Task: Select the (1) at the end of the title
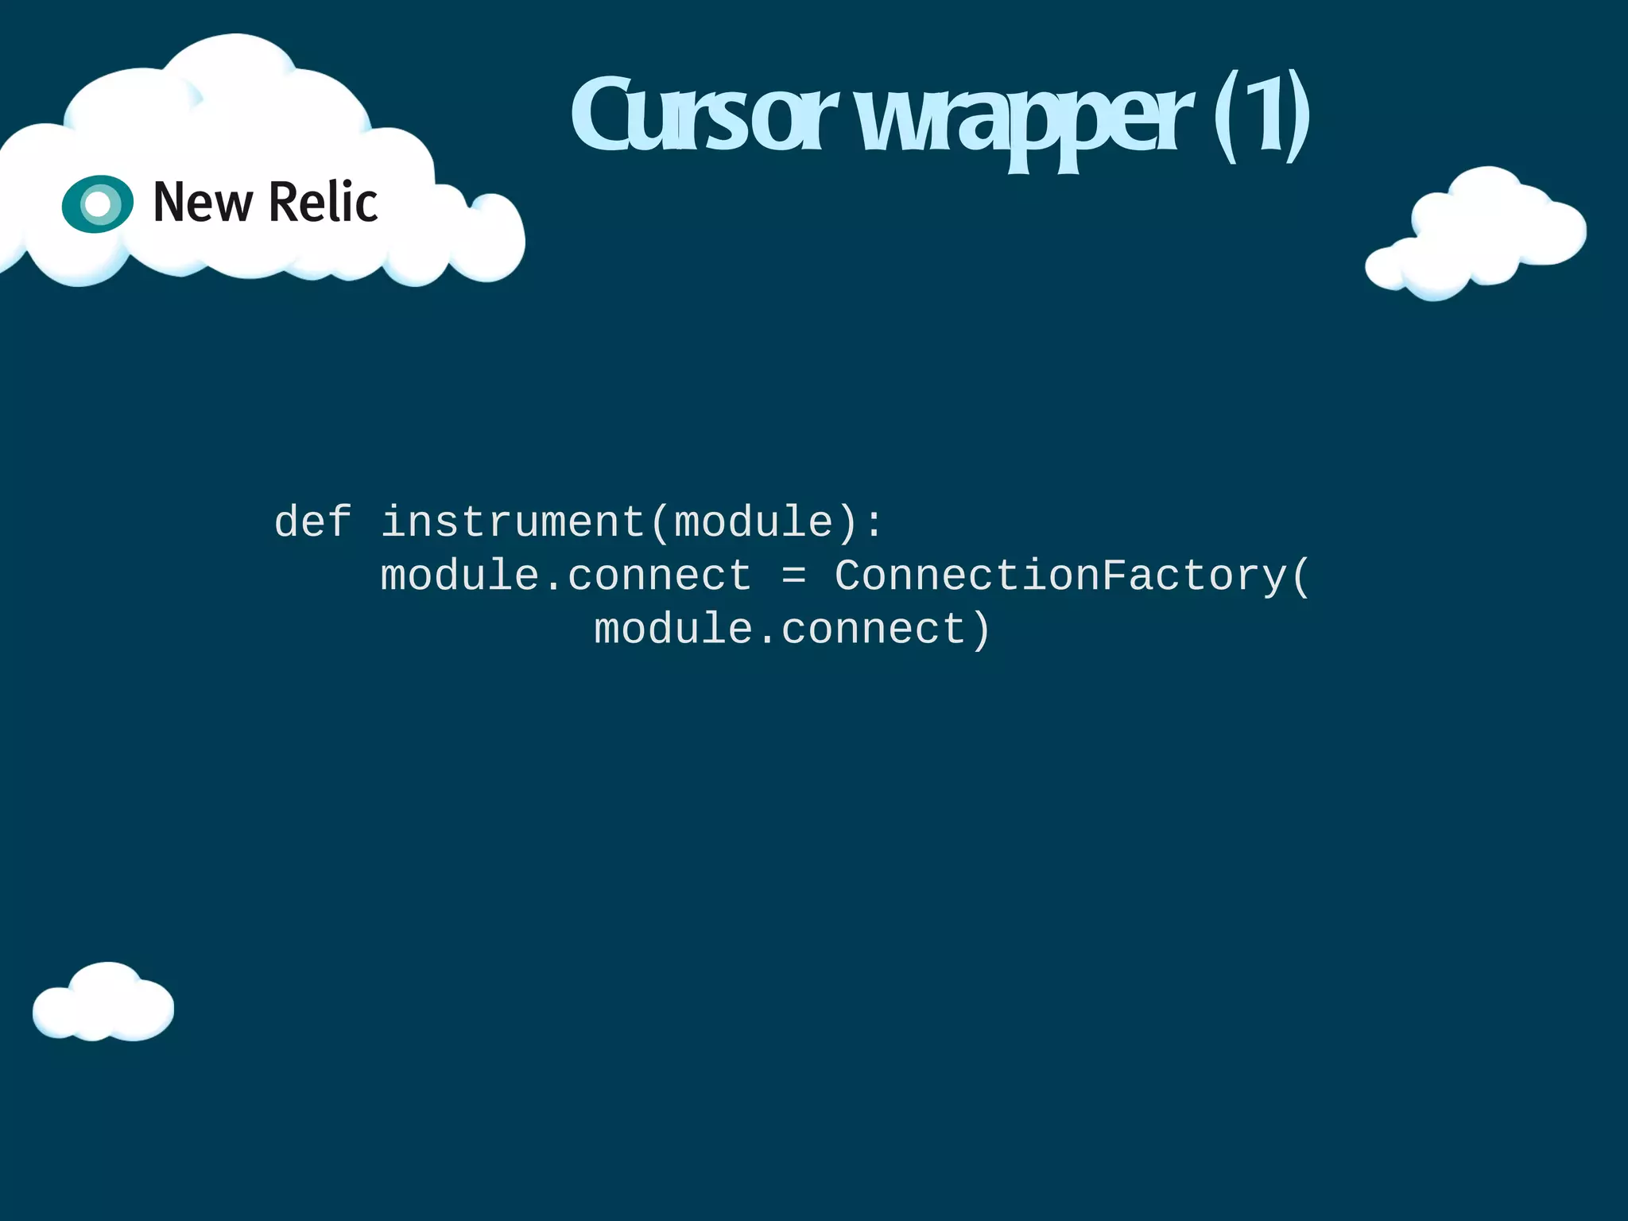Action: (1262, 118)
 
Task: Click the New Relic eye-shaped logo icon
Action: (98, 204)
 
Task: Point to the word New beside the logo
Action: (203, 203)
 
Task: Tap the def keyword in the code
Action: (313, 523)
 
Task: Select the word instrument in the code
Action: (513, 523)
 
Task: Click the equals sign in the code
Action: (793, 576)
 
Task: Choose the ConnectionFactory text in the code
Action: (1060, 576)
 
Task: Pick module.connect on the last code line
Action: (779, 629)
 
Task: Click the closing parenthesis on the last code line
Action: (981, 630)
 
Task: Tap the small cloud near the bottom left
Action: (103, 1004)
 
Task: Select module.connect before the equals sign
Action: (566, 576)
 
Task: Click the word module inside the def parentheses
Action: (754, 523)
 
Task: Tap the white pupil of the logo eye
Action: (98, 204)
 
